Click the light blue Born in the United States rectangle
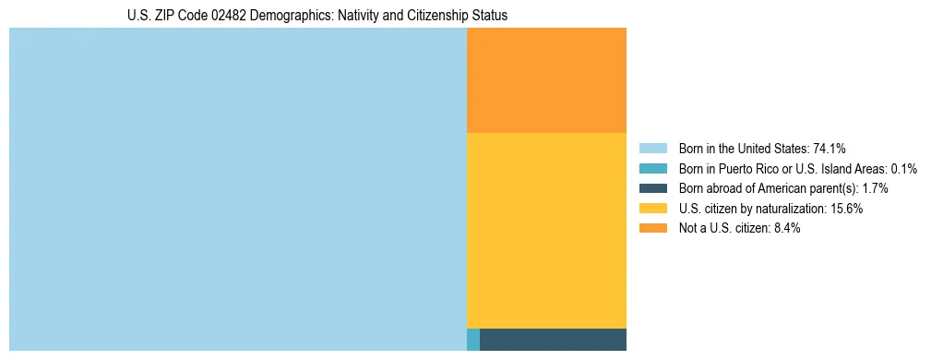pos(238,189)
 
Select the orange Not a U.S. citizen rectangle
pos(546,80)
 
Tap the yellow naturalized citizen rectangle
pos(546,231)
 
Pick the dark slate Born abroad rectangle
pos(553,340)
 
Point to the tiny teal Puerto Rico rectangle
pos(473,340)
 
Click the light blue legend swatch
pos(652,148)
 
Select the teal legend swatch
pos(652,168)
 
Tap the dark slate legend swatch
pos(652,188)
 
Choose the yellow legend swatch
pos(652,209)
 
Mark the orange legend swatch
pos(652,228)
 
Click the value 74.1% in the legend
pos(830,148)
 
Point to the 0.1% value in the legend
pos(903,168)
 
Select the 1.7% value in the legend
pos(875,188)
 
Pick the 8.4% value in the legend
pos(784,228)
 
